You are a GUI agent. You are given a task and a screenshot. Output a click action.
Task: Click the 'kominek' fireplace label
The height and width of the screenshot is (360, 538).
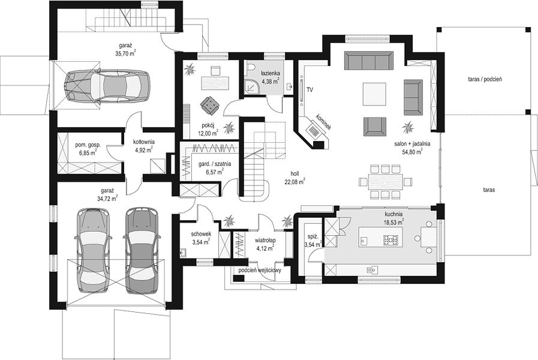pos(324,122)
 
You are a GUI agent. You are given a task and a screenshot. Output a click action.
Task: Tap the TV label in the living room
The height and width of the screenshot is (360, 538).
pos(310,90)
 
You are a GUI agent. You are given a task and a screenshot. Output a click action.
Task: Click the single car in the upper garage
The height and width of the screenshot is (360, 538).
pos(107,86)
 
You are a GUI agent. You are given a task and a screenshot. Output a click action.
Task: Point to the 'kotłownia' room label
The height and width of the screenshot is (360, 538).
pos(144,142)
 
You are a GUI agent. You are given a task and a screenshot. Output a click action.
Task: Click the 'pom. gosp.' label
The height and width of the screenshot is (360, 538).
pos(88,145)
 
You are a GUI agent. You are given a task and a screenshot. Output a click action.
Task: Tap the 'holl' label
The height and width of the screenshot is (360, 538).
pos(294,174)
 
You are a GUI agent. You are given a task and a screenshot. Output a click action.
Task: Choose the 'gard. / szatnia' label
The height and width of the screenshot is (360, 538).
pos(215,164)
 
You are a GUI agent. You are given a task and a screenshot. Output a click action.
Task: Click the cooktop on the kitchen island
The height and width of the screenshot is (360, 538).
pos(392,239)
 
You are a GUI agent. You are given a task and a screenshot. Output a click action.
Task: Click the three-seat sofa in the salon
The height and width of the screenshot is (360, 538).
pos(368,61)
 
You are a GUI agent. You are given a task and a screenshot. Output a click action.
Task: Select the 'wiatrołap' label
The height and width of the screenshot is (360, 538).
pos(265,240)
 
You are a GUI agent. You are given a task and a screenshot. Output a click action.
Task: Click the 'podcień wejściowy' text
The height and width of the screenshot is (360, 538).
pos(260,271)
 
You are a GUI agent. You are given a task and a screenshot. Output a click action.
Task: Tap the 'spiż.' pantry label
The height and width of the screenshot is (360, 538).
pos(312,237)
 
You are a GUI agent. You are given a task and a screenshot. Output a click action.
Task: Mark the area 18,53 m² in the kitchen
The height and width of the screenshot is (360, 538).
pos(393,223)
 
